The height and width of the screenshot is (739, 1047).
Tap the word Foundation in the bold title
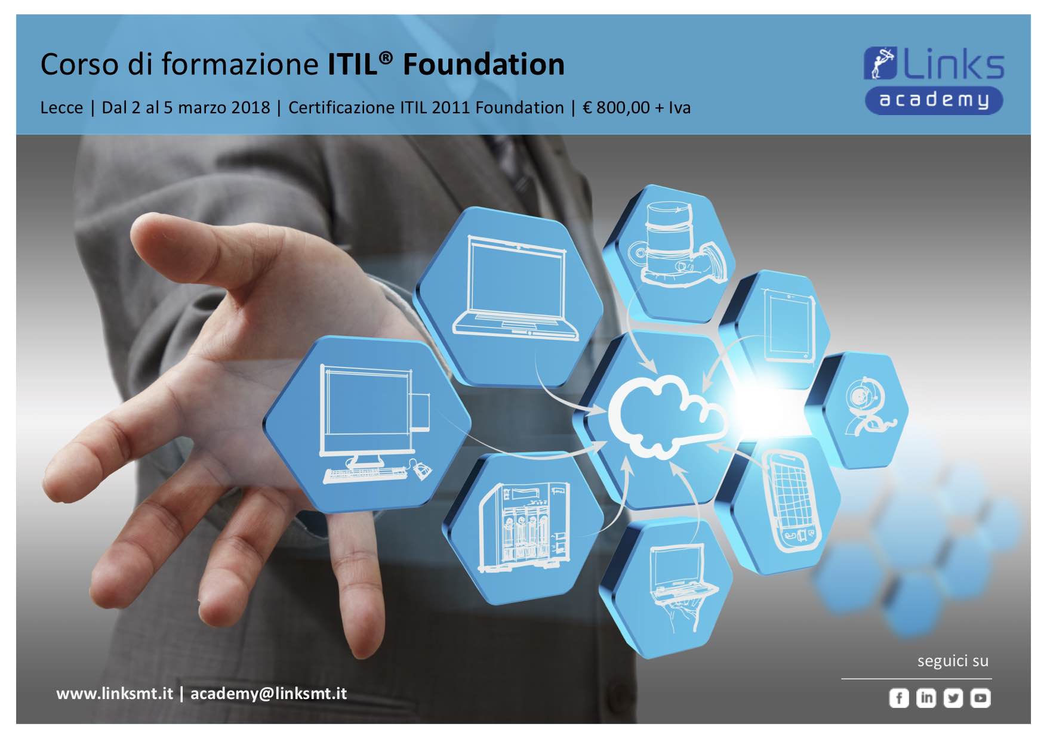point(484,64)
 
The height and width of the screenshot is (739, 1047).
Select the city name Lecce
point(61,108)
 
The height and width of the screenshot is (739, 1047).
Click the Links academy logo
point(934,80)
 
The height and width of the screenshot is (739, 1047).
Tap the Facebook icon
point(899,698)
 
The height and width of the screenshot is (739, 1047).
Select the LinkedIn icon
point(926,698)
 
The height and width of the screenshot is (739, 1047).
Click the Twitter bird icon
point(953,698)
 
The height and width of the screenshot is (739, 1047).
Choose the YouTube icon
point(980,698)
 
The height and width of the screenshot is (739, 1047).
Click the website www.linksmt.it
point(115,694)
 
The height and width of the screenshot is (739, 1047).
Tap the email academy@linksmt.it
point(269,694)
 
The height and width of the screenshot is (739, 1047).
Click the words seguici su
point(953,661)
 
